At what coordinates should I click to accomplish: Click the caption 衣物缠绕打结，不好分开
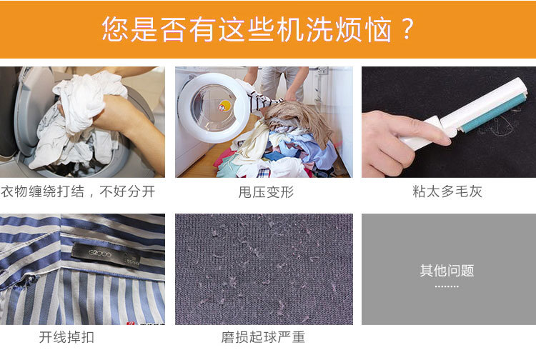[x=78, y=192]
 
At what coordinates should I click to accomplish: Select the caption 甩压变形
[x=266, y=192]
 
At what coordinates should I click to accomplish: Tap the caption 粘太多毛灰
[x=447, y=192]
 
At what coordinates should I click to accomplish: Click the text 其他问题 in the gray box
[x=447, y=271]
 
